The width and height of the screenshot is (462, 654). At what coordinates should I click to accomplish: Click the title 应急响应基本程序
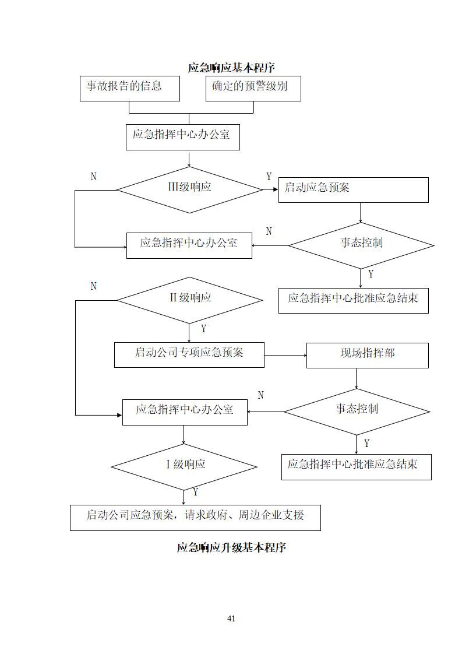coord(231,68)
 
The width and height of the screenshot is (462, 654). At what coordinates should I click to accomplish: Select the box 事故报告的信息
coord(129,88)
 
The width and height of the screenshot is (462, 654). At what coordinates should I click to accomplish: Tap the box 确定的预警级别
coord(253,88)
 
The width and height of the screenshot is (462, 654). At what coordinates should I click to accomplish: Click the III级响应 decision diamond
coord(189,189)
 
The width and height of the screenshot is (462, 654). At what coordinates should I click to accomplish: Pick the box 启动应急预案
coord(353,189)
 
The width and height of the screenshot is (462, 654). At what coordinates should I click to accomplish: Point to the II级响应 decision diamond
coord(189,300)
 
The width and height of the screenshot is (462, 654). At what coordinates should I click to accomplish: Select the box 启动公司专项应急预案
coord(189,354)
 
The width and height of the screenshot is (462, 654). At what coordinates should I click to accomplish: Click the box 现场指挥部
coord(367,355)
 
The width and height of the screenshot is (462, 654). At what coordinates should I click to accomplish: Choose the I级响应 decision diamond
coord(184,466)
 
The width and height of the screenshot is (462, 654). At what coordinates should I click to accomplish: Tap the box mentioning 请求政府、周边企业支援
coord(195,517)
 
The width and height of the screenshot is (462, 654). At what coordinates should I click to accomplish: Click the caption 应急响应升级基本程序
coord(231,548)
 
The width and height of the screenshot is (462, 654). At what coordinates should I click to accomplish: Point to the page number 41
coord(231,618)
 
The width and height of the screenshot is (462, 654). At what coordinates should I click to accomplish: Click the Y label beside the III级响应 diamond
coord(269,177)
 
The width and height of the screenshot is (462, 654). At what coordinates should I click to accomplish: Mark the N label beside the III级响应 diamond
coord(93,177)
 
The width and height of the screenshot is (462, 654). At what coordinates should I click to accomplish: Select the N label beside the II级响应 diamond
coord(93,286)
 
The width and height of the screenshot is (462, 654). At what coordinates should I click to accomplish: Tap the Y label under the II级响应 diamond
coord(203,329)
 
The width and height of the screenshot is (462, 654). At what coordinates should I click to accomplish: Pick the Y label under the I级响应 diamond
coord(195,492)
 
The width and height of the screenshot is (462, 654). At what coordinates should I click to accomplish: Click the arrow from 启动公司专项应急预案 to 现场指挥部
coord(285,355)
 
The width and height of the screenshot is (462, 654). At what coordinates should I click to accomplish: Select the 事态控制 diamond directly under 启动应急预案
coord(361,245)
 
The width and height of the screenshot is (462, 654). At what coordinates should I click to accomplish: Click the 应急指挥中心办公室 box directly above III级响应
coord(182,136)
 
